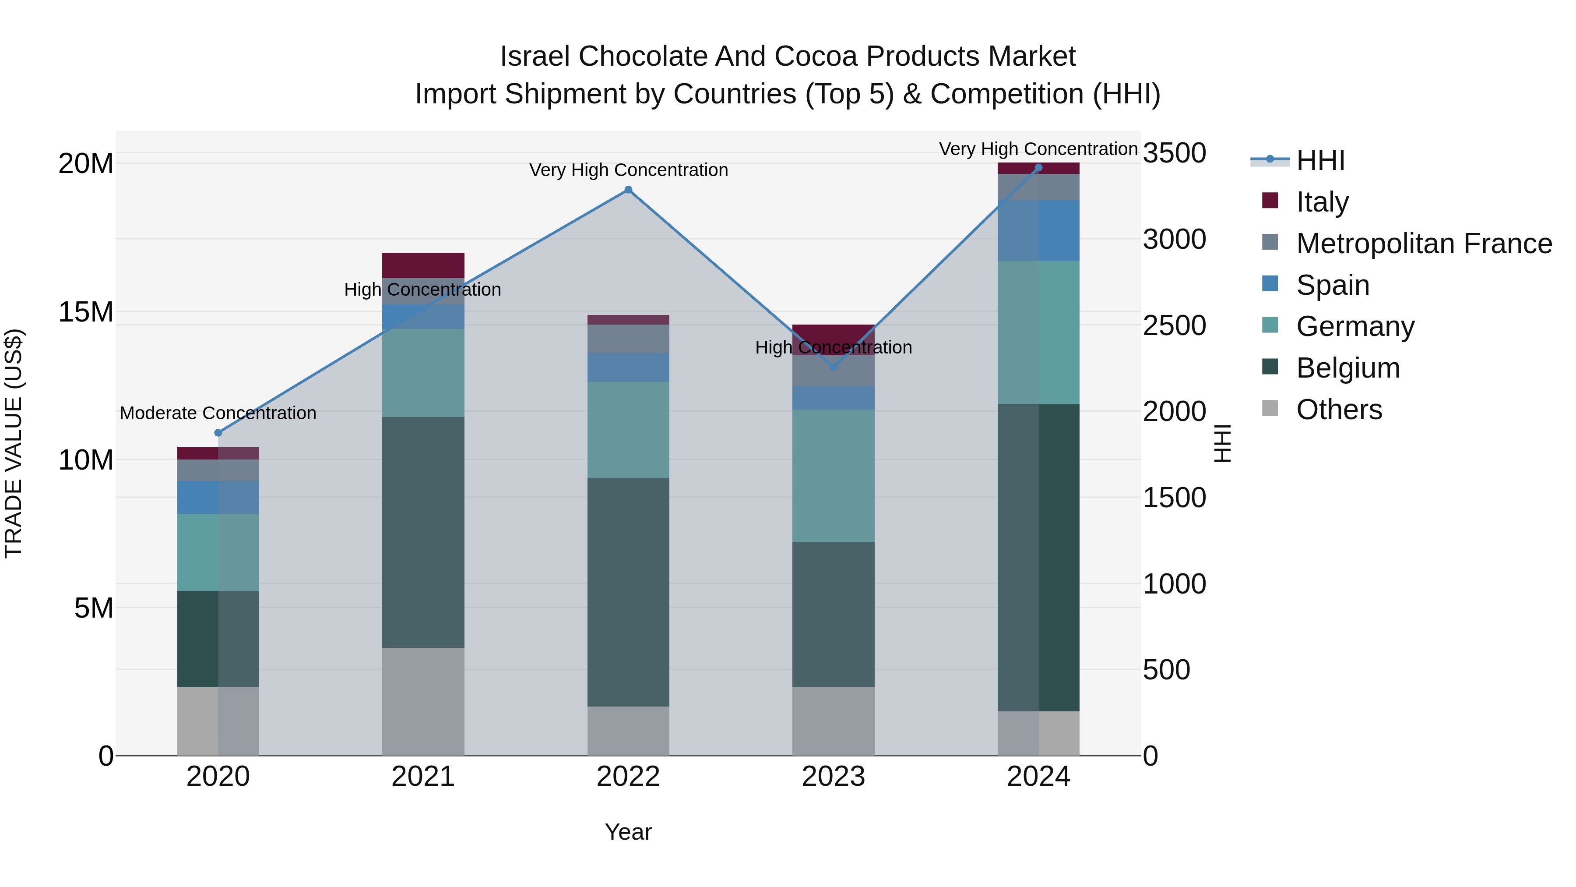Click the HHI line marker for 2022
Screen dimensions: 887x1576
pyautogui.click(x=628, y=190)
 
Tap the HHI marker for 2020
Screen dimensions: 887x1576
pyautogui.click(x=218, y=433)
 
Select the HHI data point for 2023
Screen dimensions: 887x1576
pyautogui.click(x=833, y=367)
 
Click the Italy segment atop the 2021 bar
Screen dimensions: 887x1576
pyautogui.click(x=423, y=265)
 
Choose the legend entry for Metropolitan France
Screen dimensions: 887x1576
pyautogui.click(x=1424, y=244)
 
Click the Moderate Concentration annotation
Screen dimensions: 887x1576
pyautogui.click(x=218, y=413)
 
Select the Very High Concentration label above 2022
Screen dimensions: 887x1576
pyautogui.click(x=628, y=170)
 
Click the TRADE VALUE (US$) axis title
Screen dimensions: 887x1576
pyautogui.click(x=14, y=443)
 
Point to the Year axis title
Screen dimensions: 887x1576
pyautogui.click(x=628, y=832)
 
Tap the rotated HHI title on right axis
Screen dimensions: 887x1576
pyautogui.click(x=1222, y=443)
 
